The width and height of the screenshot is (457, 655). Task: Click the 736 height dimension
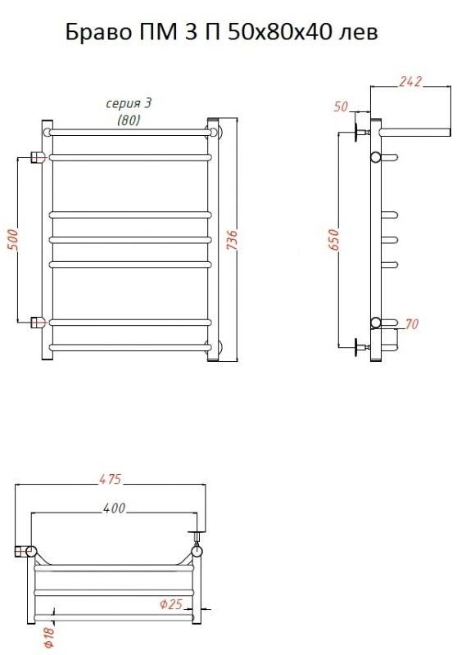click(x=232, y=240)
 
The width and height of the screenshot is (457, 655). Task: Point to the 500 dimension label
click(x=13, y=240)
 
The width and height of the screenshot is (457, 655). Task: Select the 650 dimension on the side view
click(x=334, y=239)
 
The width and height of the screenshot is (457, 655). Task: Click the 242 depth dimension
click(x=410, y=81)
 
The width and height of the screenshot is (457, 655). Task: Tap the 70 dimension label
click(x=412, y=323)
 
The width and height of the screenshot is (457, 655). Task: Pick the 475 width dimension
click(x=111, y=479)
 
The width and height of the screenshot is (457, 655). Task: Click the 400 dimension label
click(x=114, y=508)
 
